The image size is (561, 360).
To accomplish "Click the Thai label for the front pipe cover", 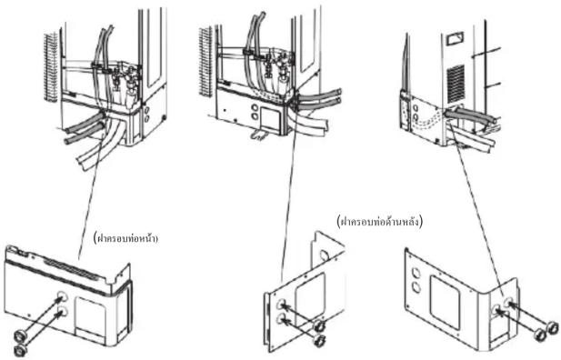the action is [125, 238].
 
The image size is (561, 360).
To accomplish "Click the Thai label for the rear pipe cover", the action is [380, 222].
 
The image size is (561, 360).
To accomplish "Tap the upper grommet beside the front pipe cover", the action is [18, 336].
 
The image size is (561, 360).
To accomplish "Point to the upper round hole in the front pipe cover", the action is [62, 296].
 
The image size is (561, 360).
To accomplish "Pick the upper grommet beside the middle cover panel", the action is [319, 326].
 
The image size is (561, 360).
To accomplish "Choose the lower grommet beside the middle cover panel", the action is [318, 340].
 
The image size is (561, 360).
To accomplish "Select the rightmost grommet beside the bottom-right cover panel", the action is [552, 326].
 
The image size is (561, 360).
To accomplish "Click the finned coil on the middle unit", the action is [205, 61].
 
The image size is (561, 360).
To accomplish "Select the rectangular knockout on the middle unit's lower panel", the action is [270, 117].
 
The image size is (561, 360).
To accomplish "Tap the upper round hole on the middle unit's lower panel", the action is [255, 107].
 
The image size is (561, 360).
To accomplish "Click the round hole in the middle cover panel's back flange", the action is [325, 255].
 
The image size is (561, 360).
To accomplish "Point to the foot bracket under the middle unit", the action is [258, 135].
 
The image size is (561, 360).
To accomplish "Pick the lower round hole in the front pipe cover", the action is [62, 312].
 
